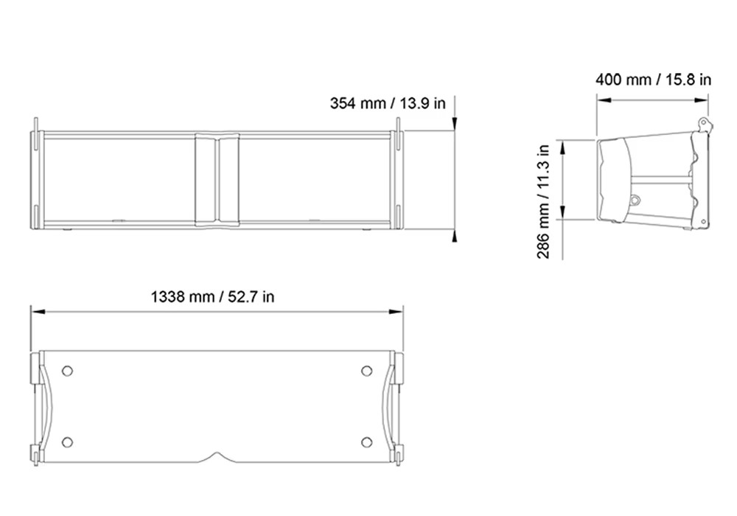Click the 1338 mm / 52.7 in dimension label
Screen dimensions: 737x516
tap(212, 297)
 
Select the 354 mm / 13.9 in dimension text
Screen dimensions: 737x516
tap(388, 103)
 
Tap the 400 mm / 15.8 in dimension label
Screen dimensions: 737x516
tap(653, 80)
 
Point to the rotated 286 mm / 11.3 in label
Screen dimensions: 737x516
tap(543, 201)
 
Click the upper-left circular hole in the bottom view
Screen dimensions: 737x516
tap(67, 371)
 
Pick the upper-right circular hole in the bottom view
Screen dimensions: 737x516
tap(366, 371)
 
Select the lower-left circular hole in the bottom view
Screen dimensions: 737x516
tap(67, 442)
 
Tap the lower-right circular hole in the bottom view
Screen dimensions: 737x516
tap(366, 442)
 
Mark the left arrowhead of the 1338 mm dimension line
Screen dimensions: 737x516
tap(38, 311)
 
